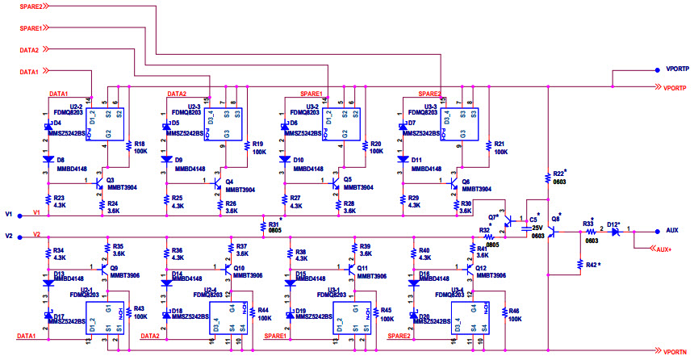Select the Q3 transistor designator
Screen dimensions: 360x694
point(111,180)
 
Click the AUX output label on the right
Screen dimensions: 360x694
point(672,230)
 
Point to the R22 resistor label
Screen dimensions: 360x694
point(559,174)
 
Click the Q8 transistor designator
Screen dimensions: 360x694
point(555,219)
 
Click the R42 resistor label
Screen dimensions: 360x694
point(591,265)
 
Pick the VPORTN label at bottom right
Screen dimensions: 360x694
point(675,352)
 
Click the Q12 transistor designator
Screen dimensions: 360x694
point(480,267)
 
